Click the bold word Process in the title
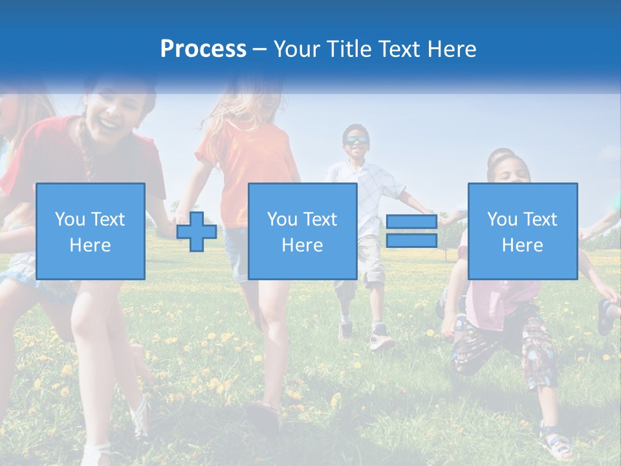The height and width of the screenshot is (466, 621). [x=203, y=49]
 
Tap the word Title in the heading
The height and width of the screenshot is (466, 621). [x=349, y=49]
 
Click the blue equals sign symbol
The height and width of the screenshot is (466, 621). [x=411, y=232]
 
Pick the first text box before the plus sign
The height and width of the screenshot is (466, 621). [x=91, y=231]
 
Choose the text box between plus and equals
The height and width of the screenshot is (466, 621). [x=302, y=231]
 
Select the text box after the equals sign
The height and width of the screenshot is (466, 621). [x=522, y=231]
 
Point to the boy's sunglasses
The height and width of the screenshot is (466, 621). [x=356, y=140]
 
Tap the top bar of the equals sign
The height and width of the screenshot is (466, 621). [x=411, y=222]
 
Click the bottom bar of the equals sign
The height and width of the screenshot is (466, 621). [x=411, y=241]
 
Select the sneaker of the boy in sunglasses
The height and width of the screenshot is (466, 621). [x=382, y=339]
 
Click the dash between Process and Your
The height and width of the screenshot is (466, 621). [x=259, y=49]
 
